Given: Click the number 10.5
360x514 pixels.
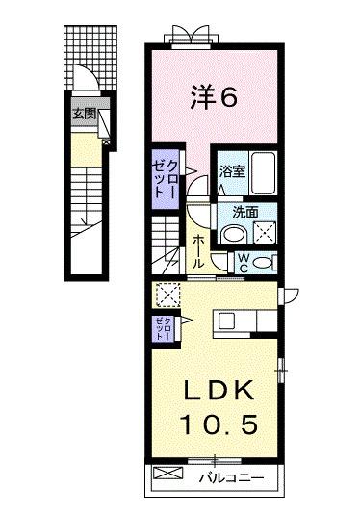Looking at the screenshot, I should [x=218, y=424].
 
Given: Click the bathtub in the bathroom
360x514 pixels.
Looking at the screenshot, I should [x=263, y=173].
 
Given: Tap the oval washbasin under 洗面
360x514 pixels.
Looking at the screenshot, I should [x=231, y=234].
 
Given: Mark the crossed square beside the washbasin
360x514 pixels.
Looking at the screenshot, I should [x=263, y=232].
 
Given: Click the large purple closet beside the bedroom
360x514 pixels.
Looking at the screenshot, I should [x=166, y=177].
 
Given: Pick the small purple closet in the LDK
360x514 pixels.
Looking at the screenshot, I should [x=161, y=329].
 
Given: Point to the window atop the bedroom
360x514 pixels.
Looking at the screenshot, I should [x=186, y=38].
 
